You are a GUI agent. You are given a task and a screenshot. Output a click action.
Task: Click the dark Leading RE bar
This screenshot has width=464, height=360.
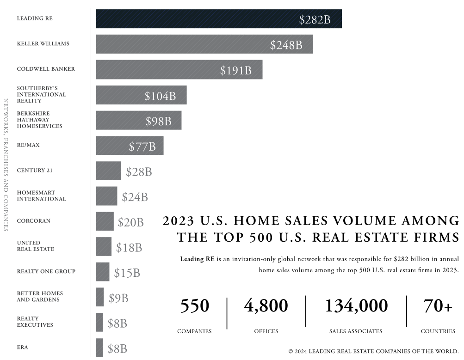tap(218, 19)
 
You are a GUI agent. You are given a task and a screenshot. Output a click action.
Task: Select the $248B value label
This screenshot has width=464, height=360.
tap(286, 45)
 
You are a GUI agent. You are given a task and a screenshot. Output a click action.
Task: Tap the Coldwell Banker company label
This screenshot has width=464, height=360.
tap(46, 69)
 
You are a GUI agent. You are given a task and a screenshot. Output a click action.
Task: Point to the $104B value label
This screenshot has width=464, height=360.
tap(160, 96)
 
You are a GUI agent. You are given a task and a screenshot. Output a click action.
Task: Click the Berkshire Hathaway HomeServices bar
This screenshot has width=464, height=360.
tap(138, 120)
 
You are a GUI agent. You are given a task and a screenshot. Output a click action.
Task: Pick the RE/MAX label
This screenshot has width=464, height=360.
tap(28, 145)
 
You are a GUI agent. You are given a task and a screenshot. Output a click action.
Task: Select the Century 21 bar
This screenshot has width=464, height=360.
tap(108, 171)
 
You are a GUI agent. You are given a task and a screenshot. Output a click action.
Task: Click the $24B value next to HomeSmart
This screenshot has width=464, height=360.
tap(135, 197)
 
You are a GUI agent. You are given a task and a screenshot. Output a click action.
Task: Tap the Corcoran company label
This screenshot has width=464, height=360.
tap(34, 221)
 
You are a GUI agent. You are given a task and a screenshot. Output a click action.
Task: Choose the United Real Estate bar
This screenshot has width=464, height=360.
tap(104, 246)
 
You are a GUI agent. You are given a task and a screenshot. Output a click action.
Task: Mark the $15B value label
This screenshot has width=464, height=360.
tap(127, 273)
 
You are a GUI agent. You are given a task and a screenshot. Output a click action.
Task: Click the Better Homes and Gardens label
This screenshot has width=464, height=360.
tap(40, 297)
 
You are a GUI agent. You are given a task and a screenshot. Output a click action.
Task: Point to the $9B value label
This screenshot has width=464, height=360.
tap(118, 299)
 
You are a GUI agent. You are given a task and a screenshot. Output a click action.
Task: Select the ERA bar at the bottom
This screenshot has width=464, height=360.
tap(99, 348)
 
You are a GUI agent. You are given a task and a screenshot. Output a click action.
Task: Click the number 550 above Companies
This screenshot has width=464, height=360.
tap(194, 306)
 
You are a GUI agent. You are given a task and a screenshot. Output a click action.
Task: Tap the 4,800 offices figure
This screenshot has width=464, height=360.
tap(266, 306)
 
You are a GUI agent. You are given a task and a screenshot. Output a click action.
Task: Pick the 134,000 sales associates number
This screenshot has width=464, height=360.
tap(356, 306)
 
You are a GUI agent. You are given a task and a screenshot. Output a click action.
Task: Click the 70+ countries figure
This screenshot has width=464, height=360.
tap(438, 306)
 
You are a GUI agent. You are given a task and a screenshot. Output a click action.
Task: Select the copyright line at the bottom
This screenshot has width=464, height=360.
tap(373, 351)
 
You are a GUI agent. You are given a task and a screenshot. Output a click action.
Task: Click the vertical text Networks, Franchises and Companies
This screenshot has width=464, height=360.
tap(6, 165)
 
